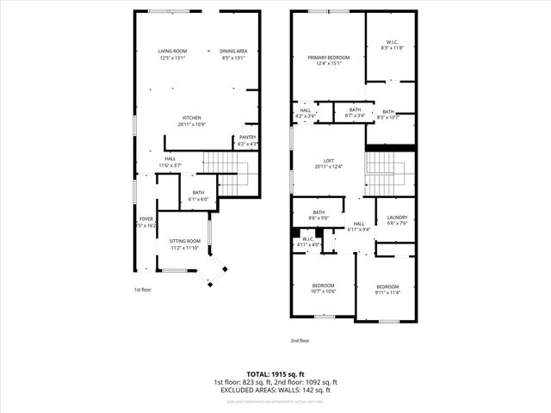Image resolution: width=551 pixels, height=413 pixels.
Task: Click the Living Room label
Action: (x=172, y=54)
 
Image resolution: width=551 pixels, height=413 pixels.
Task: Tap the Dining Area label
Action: (x=233, y=54)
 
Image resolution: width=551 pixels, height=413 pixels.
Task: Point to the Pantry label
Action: (x=247, y=140)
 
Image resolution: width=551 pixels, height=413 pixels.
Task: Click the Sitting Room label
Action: (x=184, y=243)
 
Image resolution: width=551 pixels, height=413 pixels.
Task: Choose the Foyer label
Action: (x=145, y=222)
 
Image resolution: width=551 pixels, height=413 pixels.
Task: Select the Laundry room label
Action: (x=397, y=220)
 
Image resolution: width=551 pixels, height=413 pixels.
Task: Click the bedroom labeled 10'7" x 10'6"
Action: (x=323, y=287)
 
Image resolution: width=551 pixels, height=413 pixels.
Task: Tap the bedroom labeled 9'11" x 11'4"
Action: (x=387, y=289)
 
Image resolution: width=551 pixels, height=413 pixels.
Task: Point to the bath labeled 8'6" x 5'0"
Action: (x=319, y=215)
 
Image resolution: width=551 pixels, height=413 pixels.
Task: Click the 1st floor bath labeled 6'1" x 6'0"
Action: (x=198, y=195)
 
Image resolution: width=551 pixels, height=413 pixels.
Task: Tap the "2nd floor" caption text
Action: (x=299, y=340)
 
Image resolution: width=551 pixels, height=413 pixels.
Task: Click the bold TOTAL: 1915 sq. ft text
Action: (x=275, y=374)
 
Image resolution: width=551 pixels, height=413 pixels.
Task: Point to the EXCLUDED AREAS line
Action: (x=275, y=390)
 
